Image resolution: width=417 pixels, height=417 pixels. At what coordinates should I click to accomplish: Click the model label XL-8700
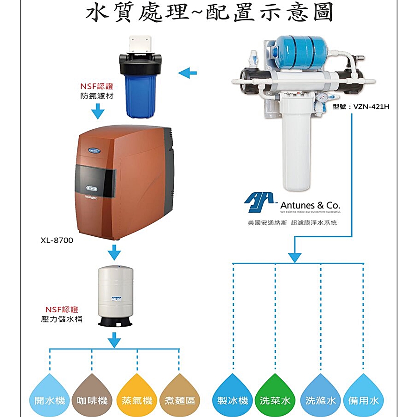[57, 240]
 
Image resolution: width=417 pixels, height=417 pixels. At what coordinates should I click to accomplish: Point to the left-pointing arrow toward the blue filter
[187, 72]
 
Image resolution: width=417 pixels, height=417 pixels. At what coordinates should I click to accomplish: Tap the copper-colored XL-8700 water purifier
[123, 181]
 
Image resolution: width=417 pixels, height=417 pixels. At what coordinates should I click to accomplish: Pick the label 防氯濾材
[96, 96]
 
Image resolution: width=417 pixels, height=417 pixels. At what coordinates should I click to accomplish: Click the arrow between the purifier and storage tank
[114, 253]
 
